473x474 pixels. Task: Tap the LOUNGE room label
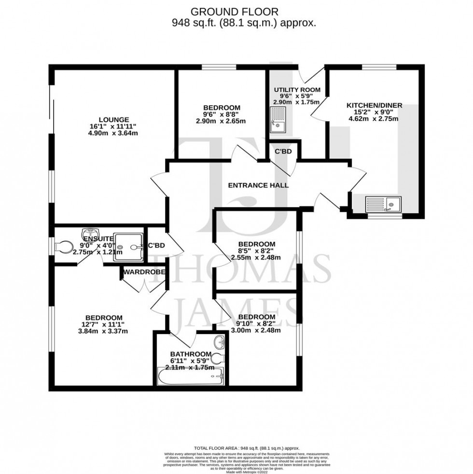114,120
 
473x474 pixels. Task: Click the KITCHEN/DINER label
374,105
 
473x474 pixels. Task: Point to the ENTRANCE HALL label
258,185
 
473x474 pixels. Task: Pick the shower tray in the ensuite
129,248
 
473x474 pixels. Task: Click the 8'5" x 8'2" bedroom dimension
257,251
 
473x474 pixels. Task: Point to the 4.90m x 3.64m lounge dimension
114,133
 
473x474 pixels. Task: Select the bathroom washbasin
220,342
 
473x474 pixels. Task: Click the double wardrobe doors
144,286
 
